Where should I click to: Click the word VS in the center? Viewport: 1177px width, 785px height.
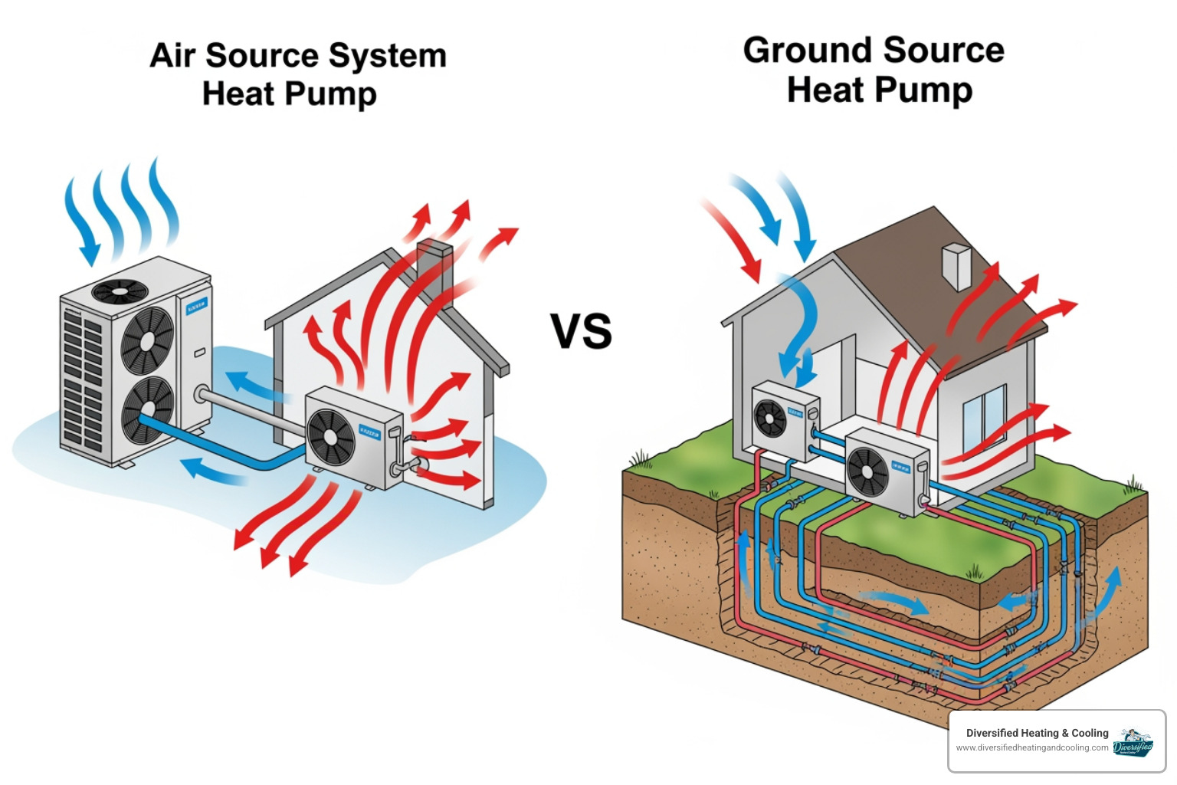(x=581, y=331)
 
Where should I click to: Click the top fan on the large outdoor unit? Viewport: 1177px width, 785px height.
(x=120, y=291)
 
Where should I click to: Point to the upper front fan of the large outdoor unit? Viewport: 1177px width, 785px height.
(x=147, y=340)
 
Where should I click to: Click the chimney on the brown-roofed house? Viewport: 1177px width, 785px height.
(x=956, y=265)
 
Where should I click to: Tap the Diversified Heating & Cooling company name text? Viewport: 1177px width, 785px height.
(x=1037, y=733)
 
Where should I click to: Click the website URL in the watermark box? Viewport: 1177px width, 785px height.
(x=1031, y=747)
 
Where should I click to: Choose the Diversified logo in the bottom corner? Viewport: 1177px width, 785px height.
(x=1133, y=742)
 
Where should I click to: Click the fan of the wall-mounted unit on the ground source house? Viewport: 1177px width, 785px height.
(x=771, y=419)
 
